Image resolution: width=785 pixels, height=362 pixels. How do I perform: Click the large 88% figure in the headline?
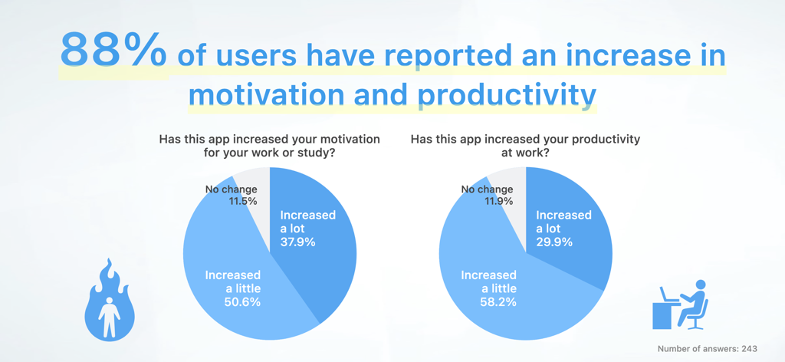(113, 51)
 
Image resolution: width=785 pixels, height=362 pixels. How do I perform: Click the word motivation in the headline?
(266, 94)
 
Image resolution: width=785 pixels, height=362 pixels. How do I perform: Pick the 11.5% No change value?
(242, 201)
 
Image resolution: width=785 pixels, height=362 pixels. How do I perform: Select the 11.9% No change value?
(499, 201)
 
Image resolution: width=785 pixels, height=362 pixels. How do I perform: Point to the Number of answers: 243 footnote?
(707, 349)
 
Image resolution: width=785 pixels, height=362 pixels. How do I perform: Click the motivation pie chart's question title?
(269, 146)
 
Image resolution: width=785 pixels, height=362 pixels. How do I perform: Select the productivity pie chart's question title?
(525, 146)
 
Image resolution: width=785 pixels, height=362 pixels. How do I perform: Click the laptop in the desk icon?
(667, 295)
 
